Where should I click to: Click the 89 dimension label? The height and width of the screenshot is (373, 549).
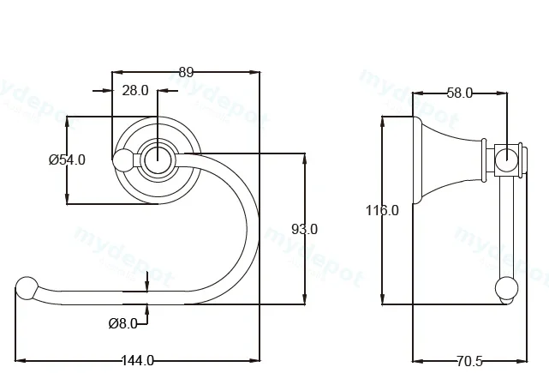click(x=186, y=72)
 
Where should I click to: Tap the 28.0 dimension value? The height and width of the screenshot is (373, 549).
click(x=135, y=90)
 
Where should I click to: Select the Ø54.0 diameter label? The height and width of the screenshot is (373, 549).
click(x=67, y=159)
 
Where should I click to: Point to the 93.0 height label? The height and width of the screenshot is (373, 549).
click(x=305, y=229)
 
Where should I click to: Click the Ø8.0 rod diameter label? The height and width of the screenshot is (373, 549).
click(x=122, y=323)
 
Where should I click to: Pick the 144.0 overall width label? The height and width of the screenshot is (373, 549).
click(x=138, y=360)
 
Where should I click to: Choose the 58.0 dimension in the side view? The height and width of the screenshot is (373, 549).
click(x=460, y=93)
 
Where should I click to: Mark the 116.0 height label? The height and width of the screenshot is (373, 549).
click(x=382, y=210)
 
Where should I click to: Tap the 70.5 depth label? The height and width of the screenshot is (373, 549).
click(x=469, y=361)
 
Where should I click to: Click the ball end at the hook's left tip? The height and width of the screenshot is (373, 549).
click(x=27, y=288)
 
